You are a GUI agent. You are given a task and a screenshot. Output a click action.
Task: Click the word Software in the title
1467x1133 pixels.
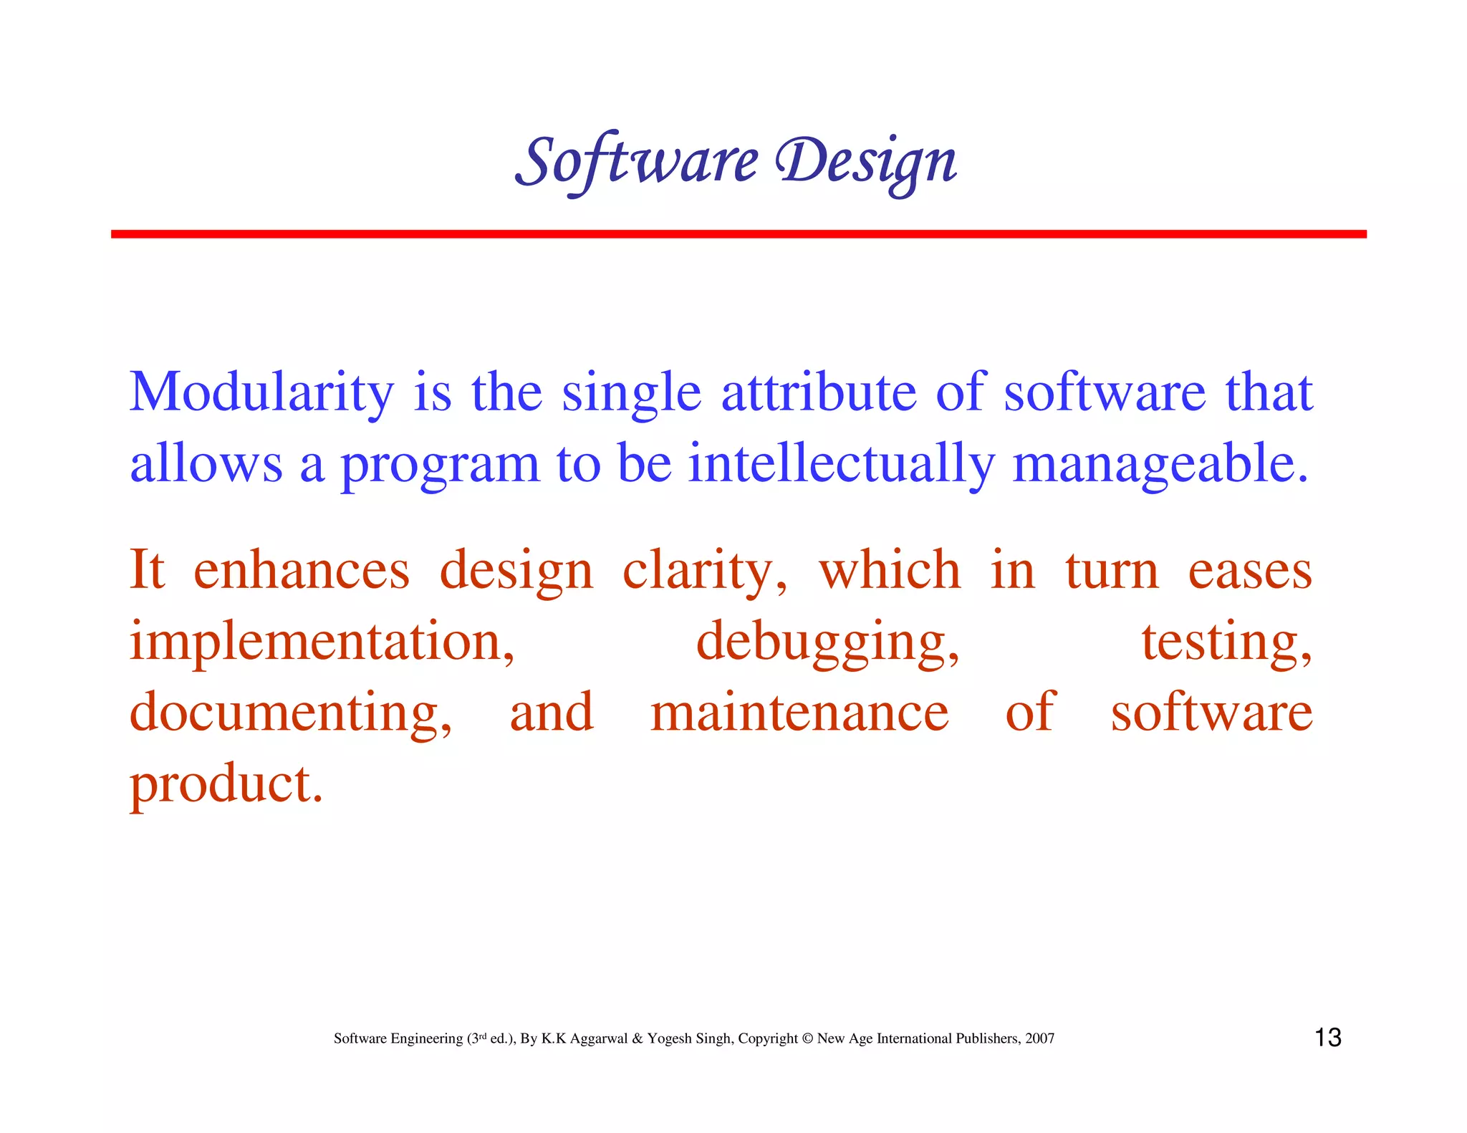click(636, 162)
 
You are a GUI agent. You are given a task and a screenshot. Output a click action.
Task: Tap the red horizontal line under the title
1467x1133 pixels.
click(738, 234)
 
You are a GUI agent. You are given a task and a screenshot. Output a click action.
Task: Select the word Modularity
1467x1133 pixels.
click(261, 393)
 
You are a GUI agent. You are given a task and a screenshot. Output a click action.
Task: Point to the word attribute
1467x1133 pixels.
click(818, 393)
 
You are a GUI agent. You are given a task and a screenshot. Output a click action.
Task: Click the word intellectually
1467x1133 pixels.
click(841, 464)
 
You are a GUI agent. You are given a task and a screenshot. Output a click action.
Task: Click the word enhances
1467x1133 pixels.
click(302, 571)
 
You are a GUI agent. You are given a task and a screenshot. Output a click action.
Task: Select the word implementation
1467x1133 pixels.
click(322, 642)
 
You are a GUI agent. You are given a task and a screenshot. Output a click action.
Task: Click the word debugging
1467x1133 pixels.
click(827, 642)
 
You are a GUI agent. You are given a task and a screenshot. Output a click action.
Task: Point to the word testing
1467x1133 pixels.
click(1226, 642)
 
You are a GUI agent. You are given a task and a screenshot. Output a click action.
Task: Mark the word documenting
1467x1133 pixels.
click(290, 713)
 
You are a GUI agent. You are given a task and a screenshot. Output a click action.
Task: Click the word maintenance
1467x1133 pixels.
click(799, 713)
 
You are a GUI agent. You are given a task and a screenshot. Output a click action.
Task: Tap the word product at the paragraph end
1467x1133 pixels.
click(226, 785)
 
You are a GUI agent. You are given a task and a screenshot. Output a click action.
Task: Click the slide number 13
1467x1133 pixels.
click(1327, 1038)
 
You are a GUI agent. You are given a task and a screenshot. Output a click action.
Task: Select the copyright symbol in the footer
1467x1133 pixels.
click(807, 1038)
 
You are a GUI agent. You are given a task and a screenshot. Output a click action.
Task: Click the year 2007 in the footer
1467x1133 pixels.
click(1039, 1038)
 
